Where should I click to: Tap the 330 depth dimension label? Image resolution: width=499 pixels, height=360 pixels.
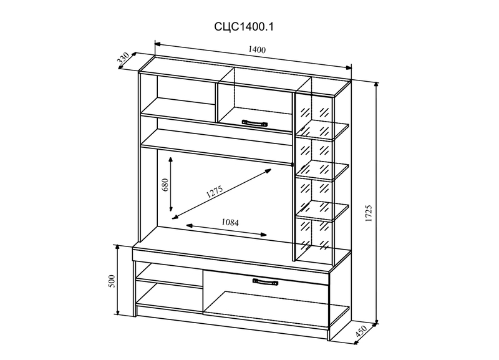[x=124, y=60]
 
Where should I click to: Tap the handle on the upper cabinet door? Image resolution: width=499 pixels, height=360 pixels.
[x=254, y=122]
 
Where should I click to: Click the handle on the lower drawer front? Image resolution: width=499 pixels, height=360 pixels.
[x=265, y=282]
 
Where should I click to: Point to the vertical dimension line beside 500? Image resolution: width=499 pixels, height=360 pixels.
[x=119, y=281]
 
